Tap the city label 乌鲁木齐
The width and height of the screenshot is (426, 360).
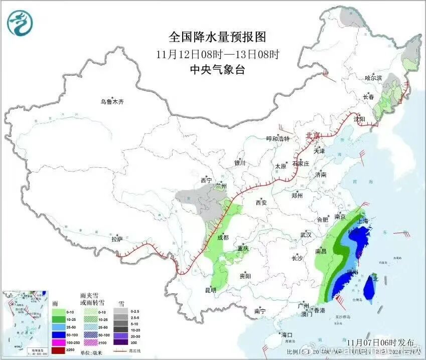[111, 102]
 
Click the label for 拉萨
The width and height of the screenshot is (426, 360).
[117, 239]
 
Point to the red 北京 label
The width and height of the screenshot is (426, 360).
[313, 136]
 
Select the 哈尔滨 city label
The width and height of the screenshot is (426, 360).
[373, 78]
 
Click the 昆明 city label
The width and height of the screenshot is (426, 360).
[211, 290]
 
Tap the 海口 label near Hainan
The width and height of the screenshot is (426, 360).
[287, 334]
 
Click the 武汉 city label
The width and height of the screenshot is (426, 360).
[306, 235]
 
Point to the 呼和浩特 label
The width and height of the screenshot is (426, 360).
[277, 139]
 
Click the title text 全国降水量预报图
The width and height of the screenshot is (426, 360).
[217, 37]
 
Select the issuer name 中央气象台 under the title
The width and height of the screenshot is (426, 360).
[217, 70]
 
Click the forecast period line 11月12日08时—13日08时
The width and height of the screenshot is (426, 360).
[217, 54]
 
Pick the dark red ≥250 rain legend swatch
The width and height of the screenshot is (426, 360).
[59, 349]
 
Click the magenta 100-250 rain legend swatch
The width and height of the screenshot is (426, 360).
[59, 341]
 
